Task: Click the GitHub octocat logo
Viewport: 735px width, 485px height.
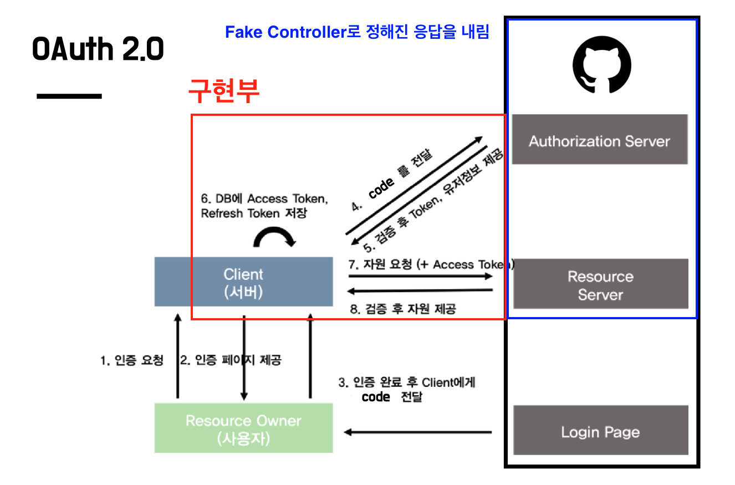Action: click(601, 68)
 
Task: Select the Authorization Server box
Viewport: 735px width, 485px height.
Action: click(599, 140)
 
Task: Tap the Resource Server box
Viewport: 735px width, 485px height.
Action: click(600, 284)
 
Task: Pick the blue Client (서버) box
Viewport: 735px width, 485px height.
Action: click(243, 282)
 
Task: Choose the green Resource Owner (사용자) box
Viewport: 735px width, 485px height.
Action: click(243, 428)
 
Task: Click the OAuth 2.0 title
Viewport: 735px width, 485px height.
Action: click(98, 49)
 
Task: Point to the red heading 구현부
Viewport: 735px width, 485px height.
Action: click(223, 91)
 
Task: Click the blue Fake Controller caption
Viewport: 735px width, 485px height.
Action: click(357, 32)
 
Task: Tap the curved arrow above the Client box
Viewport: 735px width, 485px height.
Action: click(274, 237)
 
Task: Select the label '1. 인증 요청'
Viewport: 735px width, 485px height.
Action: click(132, 360)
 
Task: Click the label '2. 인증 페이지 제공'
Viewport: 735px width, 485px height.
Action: click(231, 360)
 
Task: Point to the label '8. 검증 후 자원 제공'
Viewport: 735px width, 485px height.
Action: click(402, 309)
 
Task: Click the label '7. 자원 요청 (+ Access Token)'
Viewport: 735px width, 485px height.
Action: click(431, 264)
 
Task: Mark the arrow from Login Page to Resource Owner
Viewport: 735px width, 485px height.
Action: click(418, 432)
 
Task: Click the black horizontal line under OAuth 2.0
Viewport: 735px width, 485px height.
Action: click(69, 96)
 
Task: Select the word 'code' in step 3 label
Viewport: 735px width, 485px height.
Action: click(376, 397)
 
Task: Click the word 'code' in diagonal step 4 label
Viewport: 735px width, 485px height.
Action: click(381, 188)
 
